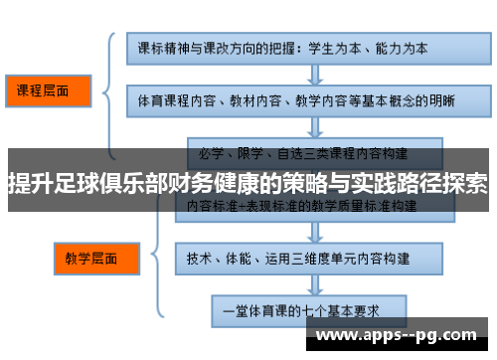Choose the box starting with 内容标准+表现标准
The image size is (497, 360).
pos(302,206)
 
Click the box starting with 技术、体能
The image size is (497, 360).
pos(302,257)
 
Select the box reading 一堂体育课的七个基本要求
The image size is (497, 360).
pos(302,309)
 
